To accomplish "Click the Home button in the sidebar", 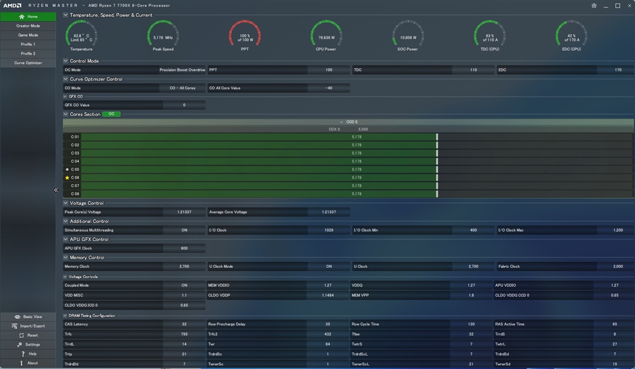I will click(28, 17).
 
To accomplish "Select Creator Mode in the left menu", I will click(28, 26).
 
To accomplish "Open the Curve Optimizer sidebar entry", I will click(28, 63).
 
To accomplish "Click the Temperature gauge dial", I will click(81, 35).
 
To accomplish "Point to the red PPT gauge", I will click(245, 35).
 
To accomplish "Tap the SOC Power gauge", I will click(407, 35).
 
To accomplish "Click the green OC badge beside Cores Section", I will click(112, 114).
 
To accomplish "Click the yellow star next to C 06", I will click(67, 177).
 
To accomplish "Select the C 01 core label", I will click(75, 136).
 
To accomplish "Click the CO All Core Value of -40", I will click(329, 88).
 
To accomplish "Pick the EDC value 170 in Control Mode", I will click(618, 70).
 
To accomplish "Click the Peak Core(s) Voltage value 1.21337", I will click(184, 212).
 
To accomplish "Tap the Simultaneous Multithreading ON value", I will click(184, 230).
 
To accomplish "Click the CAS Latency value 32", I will click(184, 324).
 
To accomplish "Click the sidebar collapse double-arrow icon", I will click(56, 190).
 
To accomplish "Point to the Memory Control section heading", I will click(87, 257).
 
